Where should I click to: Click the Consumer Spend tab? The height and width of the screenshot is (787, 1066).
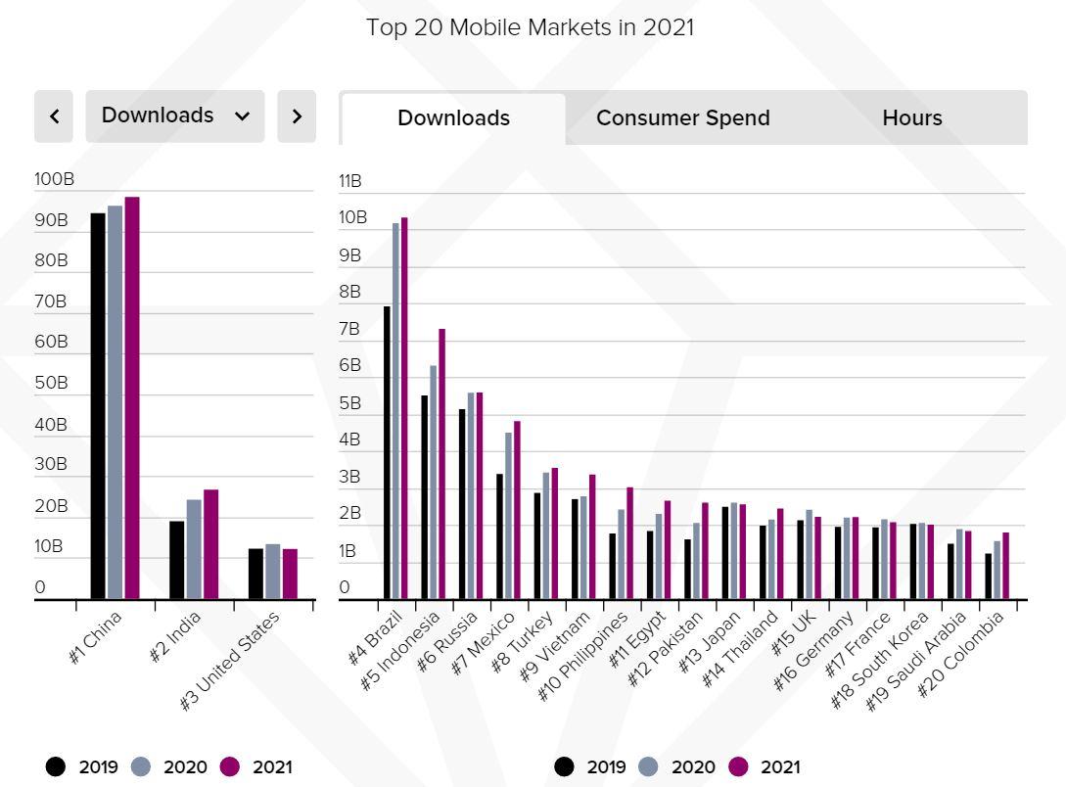coord(682,118)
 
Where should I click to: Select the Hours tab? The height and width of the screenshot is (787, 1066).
coord(911,118)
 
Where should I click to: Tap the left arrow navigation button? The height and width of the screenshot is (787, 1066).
coord(54,116)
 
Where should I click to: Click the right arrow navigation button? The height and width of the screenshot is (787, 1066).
coord(297,116)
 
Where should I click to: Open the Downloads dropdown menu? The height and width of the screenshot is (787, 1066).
coord(174,116)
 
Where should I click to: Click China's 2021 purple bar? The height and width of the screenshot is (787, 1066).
coord(132,397)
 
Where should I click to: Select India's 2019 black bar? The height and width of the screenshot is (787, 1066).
coord(176,559)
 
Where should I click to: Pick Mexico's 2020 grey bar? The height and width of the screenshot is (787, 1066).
coord(508,515)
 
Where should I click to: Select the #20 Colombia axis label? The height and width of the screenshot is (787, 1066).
coord(963,653)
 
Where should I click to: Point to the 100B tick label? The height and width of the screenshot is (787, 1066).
coord(54,179)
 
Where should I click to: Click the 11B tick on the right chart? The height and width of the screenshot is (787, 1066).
coord(350,181)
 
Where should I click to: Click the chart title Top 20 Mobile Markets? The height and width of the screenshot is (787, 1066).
coord(531,27)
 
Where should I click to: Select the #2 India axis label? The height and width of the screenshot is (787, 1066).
coord(177,635)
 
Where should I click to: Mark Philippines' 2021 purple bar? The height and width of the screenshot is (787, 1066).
coord(629,542)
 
